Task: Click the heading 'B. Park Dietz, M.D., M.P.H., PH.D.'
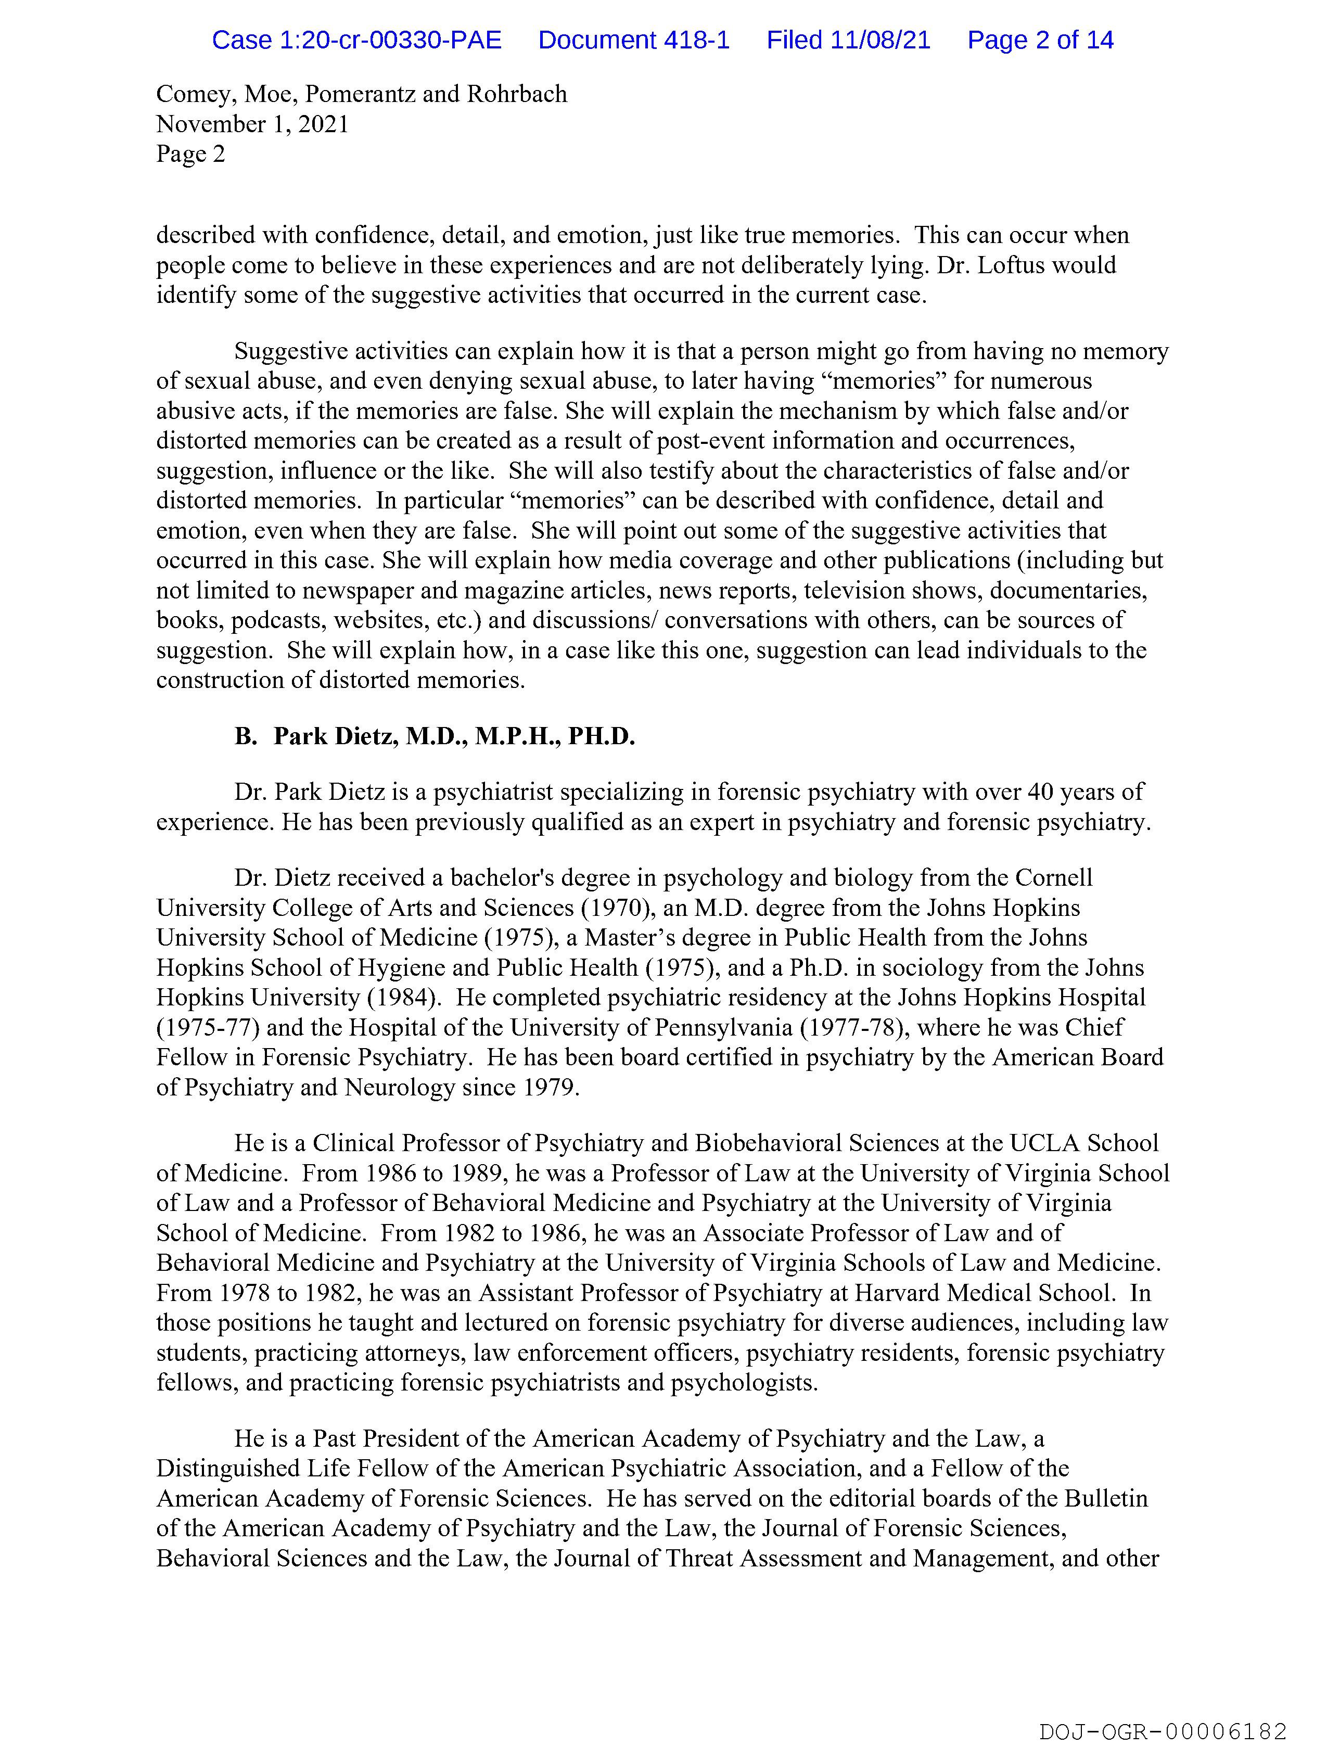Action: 435,736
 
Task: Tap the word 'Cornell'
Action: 1054,877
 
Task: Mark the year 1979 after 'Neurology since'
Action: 551,1088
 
